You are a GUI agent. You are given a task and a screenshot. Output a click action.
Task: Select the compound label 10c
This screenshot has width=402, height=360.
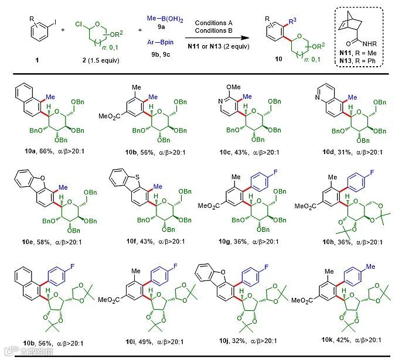[x=222, y=153]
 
